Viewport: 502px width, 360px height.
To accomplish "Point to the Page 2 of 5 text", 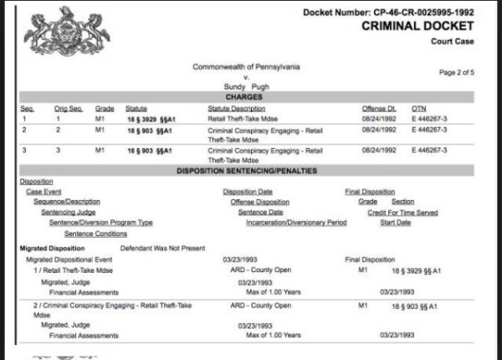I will (x=458, y=73).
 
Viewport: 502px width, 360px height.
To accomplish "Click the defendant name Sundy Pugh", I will (x=246, y=85).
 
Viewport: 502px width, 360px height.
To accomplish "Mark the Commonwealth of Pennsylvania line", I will (x=246, y=66).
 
